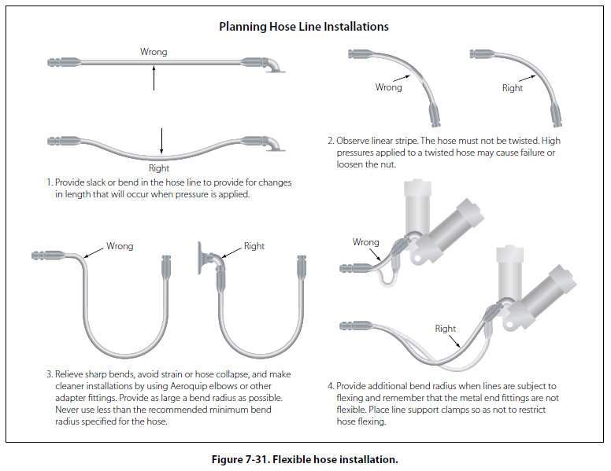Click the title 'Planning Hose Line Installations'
point(303,26)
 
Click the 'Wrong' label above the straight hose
point(154,52)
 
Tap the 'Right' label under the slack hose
point(159,168)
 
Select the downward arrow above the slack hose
point(161,140)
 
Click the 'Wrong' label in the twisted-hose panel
point(388,87)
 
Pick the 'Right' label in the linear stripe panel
point(512,88)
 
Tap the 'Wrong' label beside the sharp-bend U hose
point(120,246)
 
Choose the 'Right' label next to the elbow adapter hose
point(254,246)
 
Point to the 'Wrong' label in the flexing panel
point(366,242)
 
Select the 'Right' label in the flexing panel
point(446,329)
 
